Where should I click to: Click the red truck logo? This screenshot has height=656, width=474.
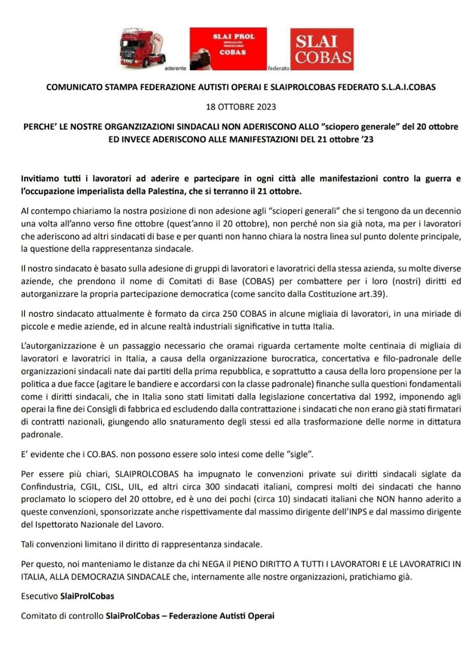pyautogui.click(x=138, y=49)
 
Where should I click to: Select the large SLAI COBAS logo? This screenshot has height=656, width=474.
pyautogui.click(x=322, y=49)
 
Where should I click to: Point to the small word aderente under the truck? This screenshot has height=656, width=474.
pyautogui.click(x=175, y=68)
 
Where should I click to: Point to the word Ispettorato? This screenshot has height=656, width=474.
pyautogui.click(x=53, y=524)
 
